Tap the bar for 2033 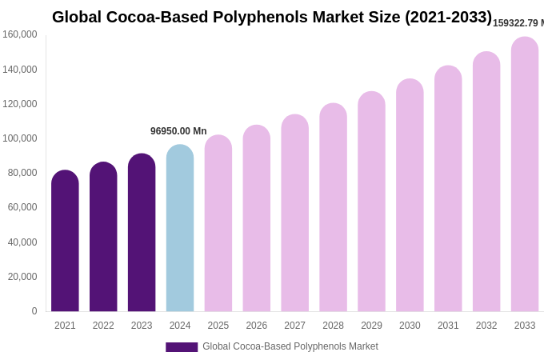click(525, 174)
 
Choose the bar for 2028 click(333, 207)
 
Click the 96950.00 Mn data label click(178, 131)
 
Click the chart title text click(272, 17)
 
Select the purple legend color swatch click(182, 347)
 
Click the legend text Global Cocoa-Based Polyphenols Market click(290, 346)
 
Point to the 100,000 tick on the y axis click(20, 138)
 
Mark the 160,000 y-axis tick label click(20, 34)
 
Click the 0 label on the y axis click(34, 311)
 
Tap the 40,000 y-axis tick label click(22, 242)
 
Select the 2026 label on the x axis click(257, 326)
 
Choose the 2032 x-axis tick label click(486, 326)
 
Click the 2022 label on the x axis click(103, 326)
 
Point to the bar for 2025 click(218, 223)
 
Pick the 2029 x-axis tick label click(371, 326)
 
